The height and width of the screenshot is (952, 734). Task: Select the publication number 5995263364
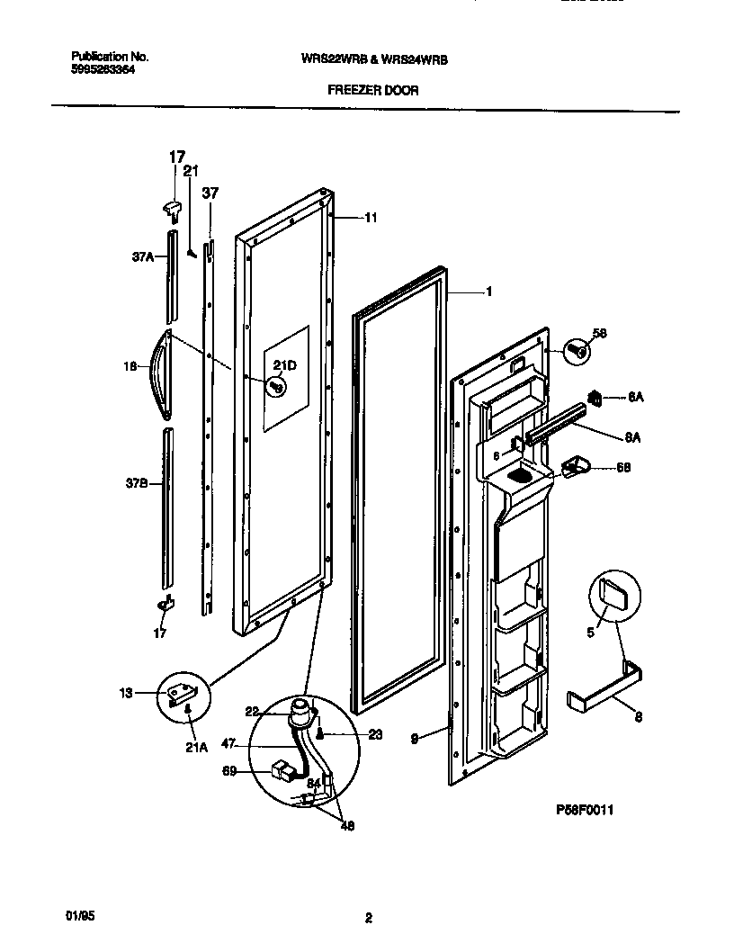coord(103,68)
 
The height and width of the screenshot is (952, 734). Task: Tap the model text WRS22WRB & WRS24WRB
coord(374,58)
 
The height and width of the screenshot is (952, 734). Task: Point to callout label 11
coord(370,217)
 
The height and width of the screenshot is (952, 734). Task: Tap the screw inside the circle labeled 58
coord(578,351)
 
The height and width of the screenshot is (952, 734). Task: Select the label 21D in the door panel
coord(284,364)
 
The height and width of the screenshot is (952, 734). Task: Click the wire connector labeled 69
coord(283,769)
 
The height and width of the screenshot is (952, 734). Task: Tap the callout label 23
coord(375,734)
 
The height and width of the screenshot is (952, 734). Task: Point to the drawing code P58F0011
coord(584,810)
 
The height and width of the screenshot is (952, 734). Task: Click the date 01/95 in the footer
coord(80,915)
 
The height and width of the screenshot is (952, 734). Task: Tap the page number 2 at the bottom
coord(368,918)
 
